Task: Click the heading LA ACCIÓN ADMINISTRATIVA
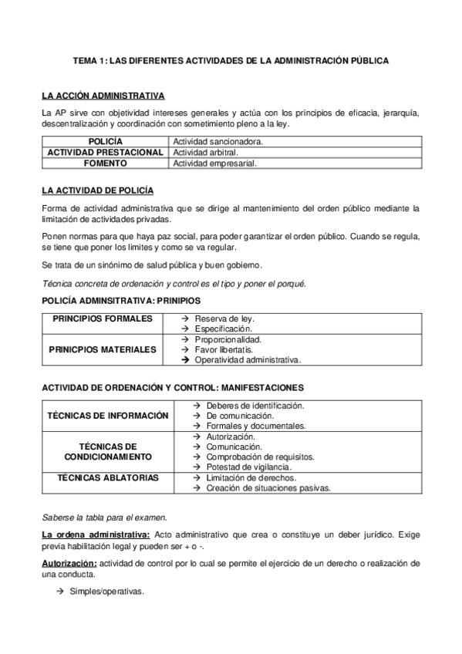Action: [103, 96]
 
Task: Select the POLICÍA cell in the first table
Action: [105, 142]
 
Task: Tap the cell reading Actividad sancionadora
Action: [218, 142]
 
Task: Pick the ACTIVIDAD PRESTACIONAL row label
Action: [105, 153]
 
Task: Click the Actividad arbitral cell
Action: [204, 153]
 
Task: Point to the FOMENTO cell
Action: [105, 163]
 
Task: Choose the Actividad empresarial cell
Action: [215, 163]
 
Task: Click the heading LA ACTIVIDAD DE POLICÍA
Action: [96, 190]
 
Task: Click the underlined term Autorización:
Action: [68, 564]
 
